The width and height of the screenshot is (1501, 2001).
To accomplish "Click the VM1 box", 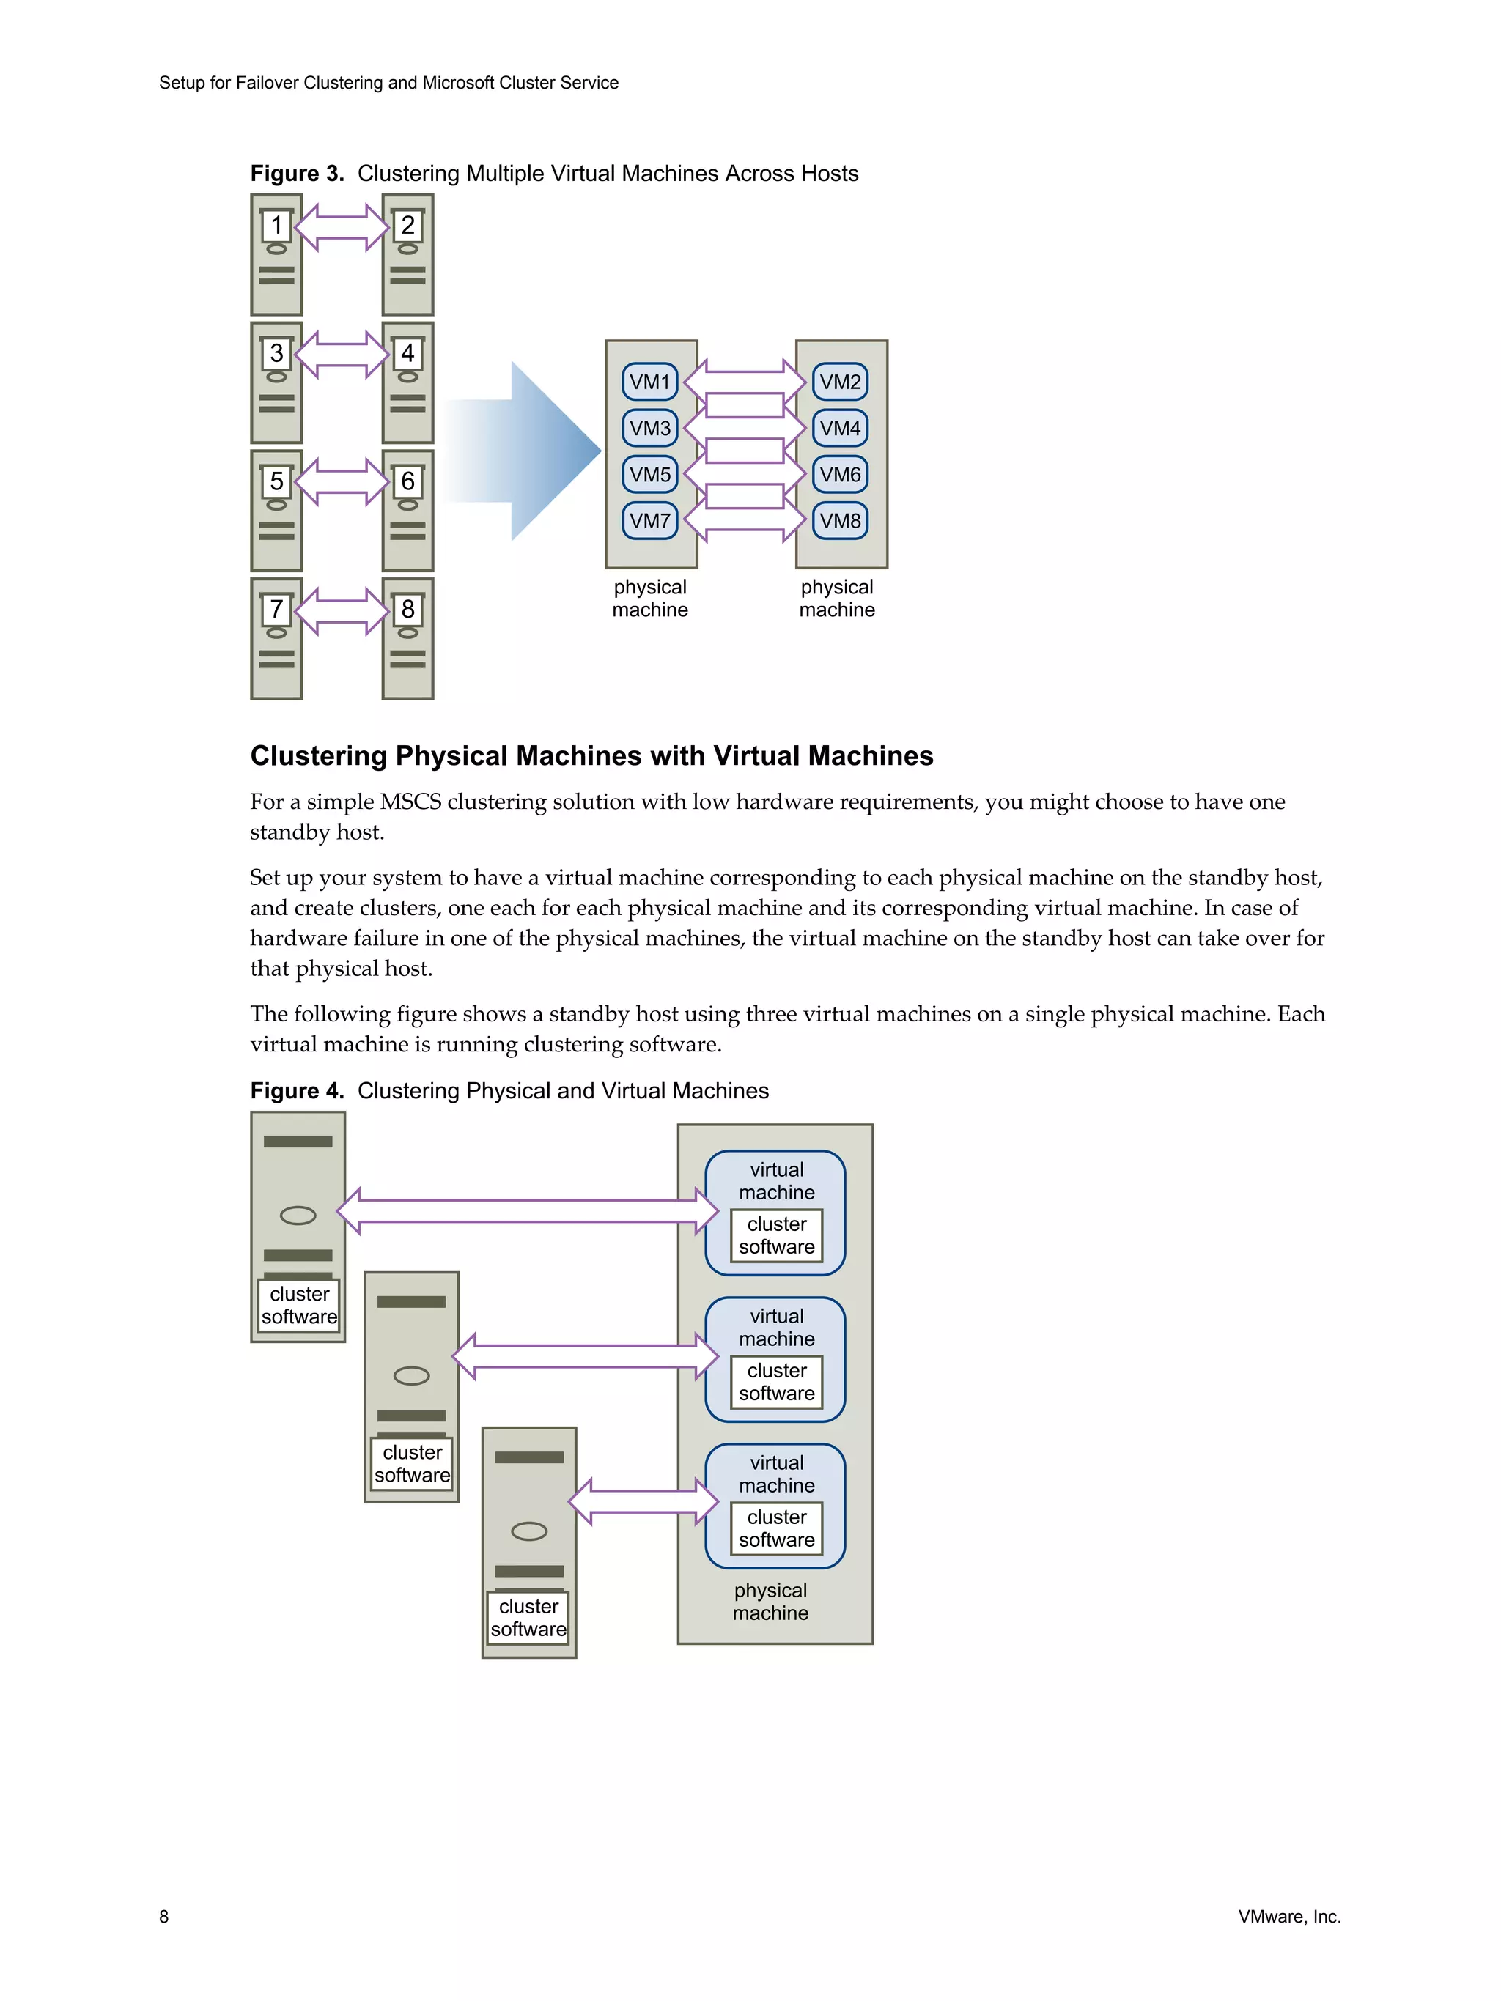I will (x=649, y=382).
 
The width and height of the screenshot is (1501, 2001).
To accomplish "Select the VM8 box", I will (x=840, y=521).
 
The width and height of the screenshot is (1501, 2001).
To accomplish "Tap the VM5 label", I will (x=649, y=475).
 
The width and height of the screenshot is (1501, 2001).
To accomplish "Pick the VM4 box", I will (x=840, y=428).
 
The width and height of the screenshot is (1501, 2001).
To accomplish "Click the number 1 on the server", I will (x=276, y=224).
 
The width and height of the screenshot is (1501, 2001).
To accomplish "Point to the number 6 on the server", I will (x=407, y=481).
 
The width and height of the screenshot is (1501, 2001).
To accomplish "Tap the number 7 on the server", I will (x=276, y=609).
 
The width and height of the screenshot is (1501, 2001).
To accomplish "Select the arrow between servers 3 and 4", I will (x=341, y=355).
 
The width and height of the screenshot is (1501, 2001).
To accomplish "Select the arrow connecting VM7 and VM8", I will (x=744, y=521).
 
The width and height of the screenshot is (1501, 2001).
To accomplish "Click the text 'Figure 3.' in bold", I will (x=297, y=174).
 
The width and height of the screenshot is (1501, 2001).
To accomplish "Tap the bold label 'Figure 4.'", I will (x=297, y=1091).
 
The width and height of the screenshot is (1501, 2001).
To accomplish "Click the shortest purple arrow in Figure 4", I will (x=642, y=1501).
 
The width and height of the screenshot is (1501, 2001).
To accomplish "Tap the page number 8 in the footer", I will (x=163, y=1916).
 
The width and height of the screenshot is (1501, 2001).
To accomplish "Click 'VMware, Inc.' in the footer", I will (x=1288, y=1916).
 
